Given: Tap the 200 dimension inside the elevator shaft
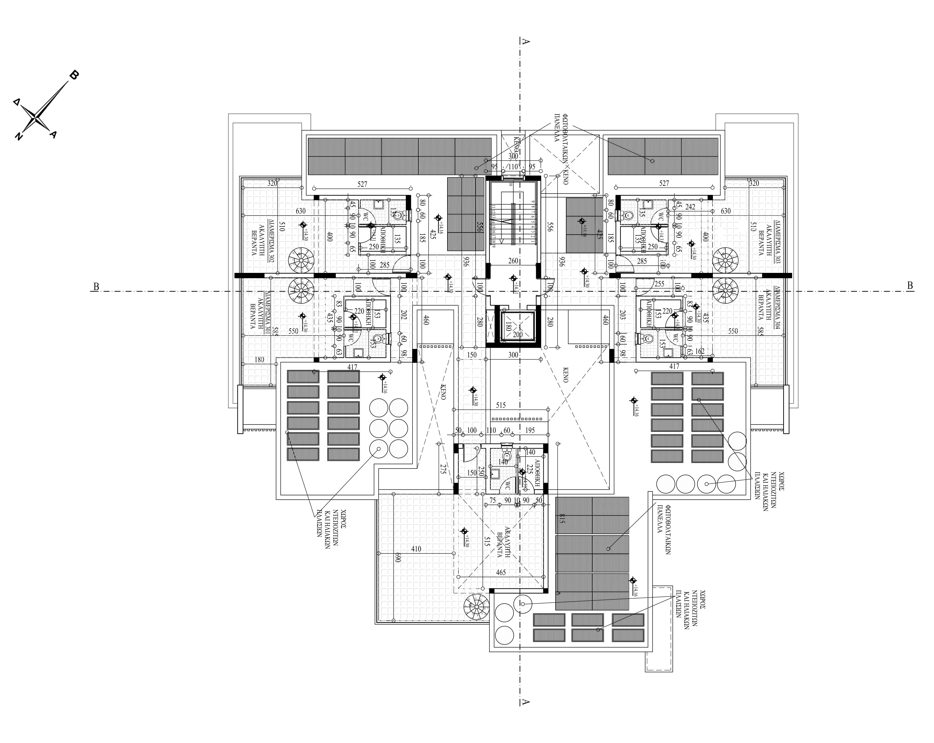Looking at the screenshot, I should click(518, 335).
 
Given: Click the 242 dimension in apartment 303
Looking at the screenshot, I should click(690, 207).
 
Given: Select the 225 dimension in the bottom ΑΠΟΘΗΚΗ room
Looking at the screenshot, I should click(529, 469).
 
